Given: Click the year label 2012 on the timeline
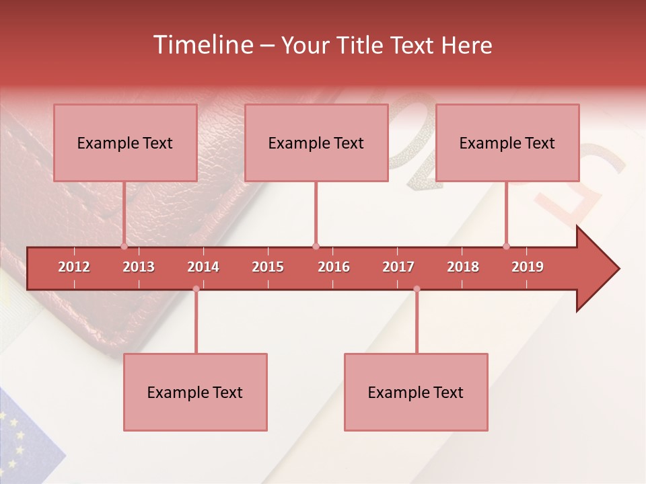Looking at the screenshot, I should (74, 267).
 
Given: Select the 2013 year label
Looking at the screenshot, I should (139, 267).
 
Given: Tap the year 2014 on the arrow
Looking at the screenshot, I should (203, 267).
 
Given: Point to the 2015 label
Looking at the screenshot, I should (268, 267).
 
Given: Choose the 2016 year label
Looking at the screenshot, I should (334, 267).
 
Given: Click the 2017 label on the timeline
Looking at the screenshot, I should (398, 267).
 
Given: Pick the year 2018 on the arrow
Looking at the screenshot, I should (463, 267).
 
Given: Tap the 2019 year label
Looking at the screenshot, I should (528, 267).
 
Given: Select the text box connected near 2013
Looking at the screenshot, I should (125, 143).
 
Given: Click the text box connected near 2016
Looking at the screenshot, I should (316, 143).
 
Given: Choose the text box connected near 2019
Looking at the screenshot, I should (507, 143).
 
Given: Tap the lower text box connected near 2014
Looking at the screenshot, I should (195, 392).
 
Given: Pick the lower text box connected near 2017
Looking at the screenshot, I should (416, 392).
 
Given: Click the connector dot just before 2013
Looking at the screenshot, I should (124, 246).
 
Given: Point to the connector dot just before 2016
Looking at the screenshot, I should (316, 246).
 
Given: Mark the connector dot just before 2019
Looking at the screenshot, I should (506, 246).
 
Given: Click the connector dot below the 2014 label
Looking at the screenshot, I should (196, 289).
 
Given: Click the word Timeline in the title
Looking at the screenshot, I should (201, 45).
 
